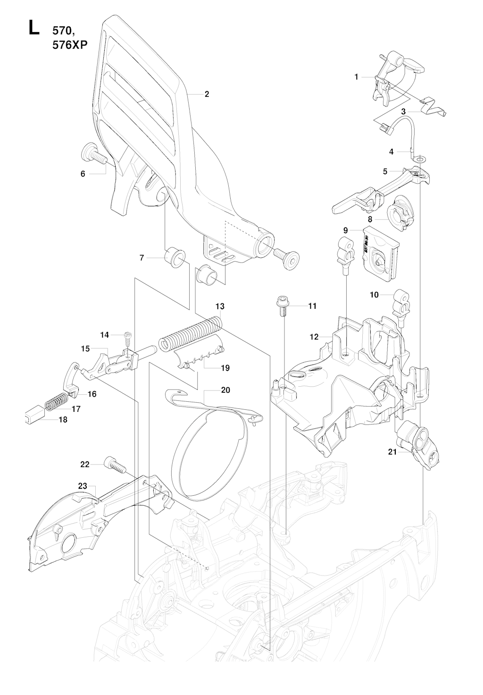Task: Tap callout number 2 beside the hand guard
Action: click(207, 94)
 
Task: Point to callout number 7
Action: click(142, 258)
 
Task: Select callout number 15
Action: click(85, 348)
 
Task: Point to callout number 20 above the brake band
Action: click(225, 390)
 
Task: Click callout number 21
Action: click(392, 452)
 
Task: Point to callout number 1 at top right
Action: click(357, 76)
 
